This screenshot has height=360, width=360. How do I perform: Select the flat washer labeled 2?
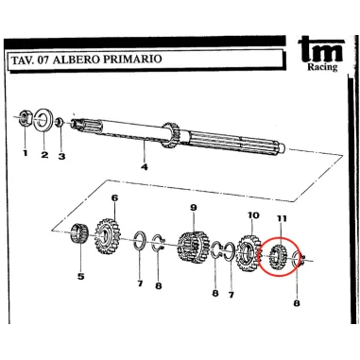coord(43,120)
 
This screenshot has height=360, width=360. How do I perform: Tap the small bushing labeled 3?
coord(60,121)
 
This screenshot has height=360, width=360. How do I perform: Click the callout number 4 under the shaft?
coord(145,166)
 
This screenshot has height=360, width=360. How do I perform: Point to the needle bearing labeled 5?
coord(78,233)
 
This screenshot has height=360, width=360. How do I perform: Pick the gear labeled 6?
coord(107,237)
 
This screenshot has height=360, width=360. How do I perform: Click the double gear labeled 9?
coord(193,247)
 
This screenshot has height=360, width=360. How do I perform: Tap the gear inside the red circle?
coord(278,257)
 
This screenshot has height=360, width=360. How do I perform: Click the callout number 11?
coord(282,218)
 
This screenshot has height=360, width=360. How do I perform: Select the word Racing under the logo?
coord(322,67)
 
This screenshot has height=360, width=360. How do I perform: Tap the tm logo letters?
coord(320,49)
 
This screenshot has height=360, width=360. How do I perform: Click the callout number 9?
coord(193,208)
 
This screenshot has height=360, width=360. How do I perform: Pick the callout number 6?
coord(114,198)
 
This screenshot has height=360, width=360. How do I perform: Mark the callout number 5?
coord(81,277)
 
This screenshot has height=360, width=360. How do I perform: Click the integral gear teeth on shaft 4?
coord(171,135)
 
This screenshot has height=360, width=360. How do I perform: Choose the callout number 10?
coord(253,215)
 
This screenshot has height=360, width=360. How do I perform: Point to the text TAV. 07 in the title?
coord(30,60)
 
